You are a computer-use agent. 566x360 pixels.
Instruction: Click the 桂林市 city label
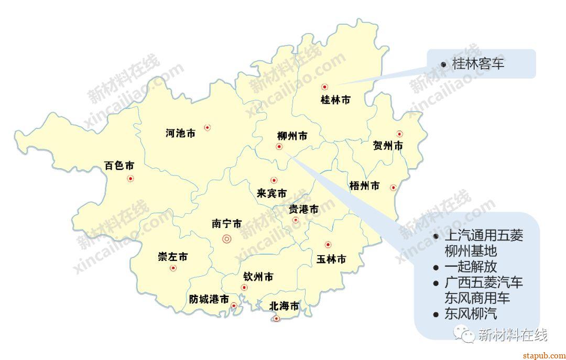335,100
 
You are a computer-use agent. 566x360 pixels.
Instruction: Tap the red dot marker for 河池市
208,127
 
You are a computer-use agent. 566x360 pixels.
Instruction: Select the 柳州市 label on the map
292,136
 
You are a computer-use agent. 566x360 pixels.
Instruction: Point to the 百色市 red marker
130,179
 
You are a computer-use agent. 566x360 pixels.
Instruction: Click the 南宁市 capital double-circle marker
227,239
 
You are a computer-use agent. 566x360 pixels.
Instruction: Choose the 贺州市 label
388,146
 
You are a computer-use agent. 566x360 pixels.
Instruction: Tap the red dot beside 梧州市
393,188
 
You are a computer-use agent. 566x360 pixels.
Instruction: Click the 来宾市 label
271,193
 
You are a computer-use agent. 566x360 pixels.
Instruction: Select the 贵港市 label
303,209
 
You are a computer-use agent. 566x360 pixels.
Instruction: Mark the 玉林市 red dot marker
328,244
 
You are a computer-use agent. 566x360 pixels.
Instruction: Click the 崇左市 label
172,257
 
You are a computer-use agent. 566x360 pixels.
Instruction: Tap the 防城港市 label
209,299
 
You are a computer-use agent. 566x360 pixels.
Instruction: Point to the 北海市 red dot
277,318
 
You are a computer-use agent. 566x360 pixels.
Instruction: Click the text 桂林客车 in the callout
478,64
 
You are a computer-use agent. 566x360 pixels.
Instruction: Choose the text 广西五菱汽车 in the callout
483,283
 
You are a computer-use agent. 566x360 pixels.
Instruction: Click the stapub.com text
544,354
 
